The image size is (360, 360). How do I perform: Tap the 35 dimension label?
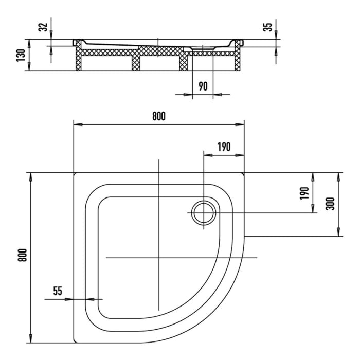pos(268,27)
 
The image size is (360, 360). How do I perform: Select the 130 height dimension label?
pos(21,55)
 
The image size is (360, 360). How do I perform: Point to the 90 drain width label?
pos(203,86)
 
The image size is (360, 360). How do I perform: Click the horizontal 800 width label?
pos(158,116)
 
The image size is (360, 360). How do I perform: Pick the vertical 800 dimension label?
pos(22,255)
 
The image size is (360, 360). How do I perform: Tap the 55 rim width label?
pos(58,291)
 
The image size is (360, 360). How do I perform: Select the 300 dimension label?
pos(330,204)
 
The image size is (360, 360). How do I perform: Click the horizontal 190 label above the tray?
pos(224,147)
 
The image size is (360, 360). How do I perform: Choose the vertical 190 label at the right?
pos(304,193)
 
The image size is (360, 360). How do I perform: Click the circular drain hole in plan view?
pos(204,213)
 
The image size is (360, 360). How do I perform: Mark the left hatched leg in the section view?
pos(79,56)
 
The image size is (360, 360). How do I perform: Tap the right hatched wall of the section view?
pos(238,56)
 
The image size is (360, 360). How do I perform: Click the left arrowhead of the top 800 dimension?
pos(78,124)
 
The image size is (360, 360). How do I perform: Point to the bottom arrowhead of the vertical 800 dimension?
pos(30,338)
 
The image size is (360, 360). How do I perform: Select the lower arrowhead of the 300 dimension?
pos(338,232)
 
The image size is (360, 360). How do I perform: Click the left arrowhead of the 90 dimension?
pos(188,94)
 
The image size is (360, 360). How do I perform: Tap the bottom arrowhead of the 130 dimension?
pos(29,67)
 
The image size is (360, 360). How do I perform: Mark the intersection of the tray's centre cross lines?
pos(158,258)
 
